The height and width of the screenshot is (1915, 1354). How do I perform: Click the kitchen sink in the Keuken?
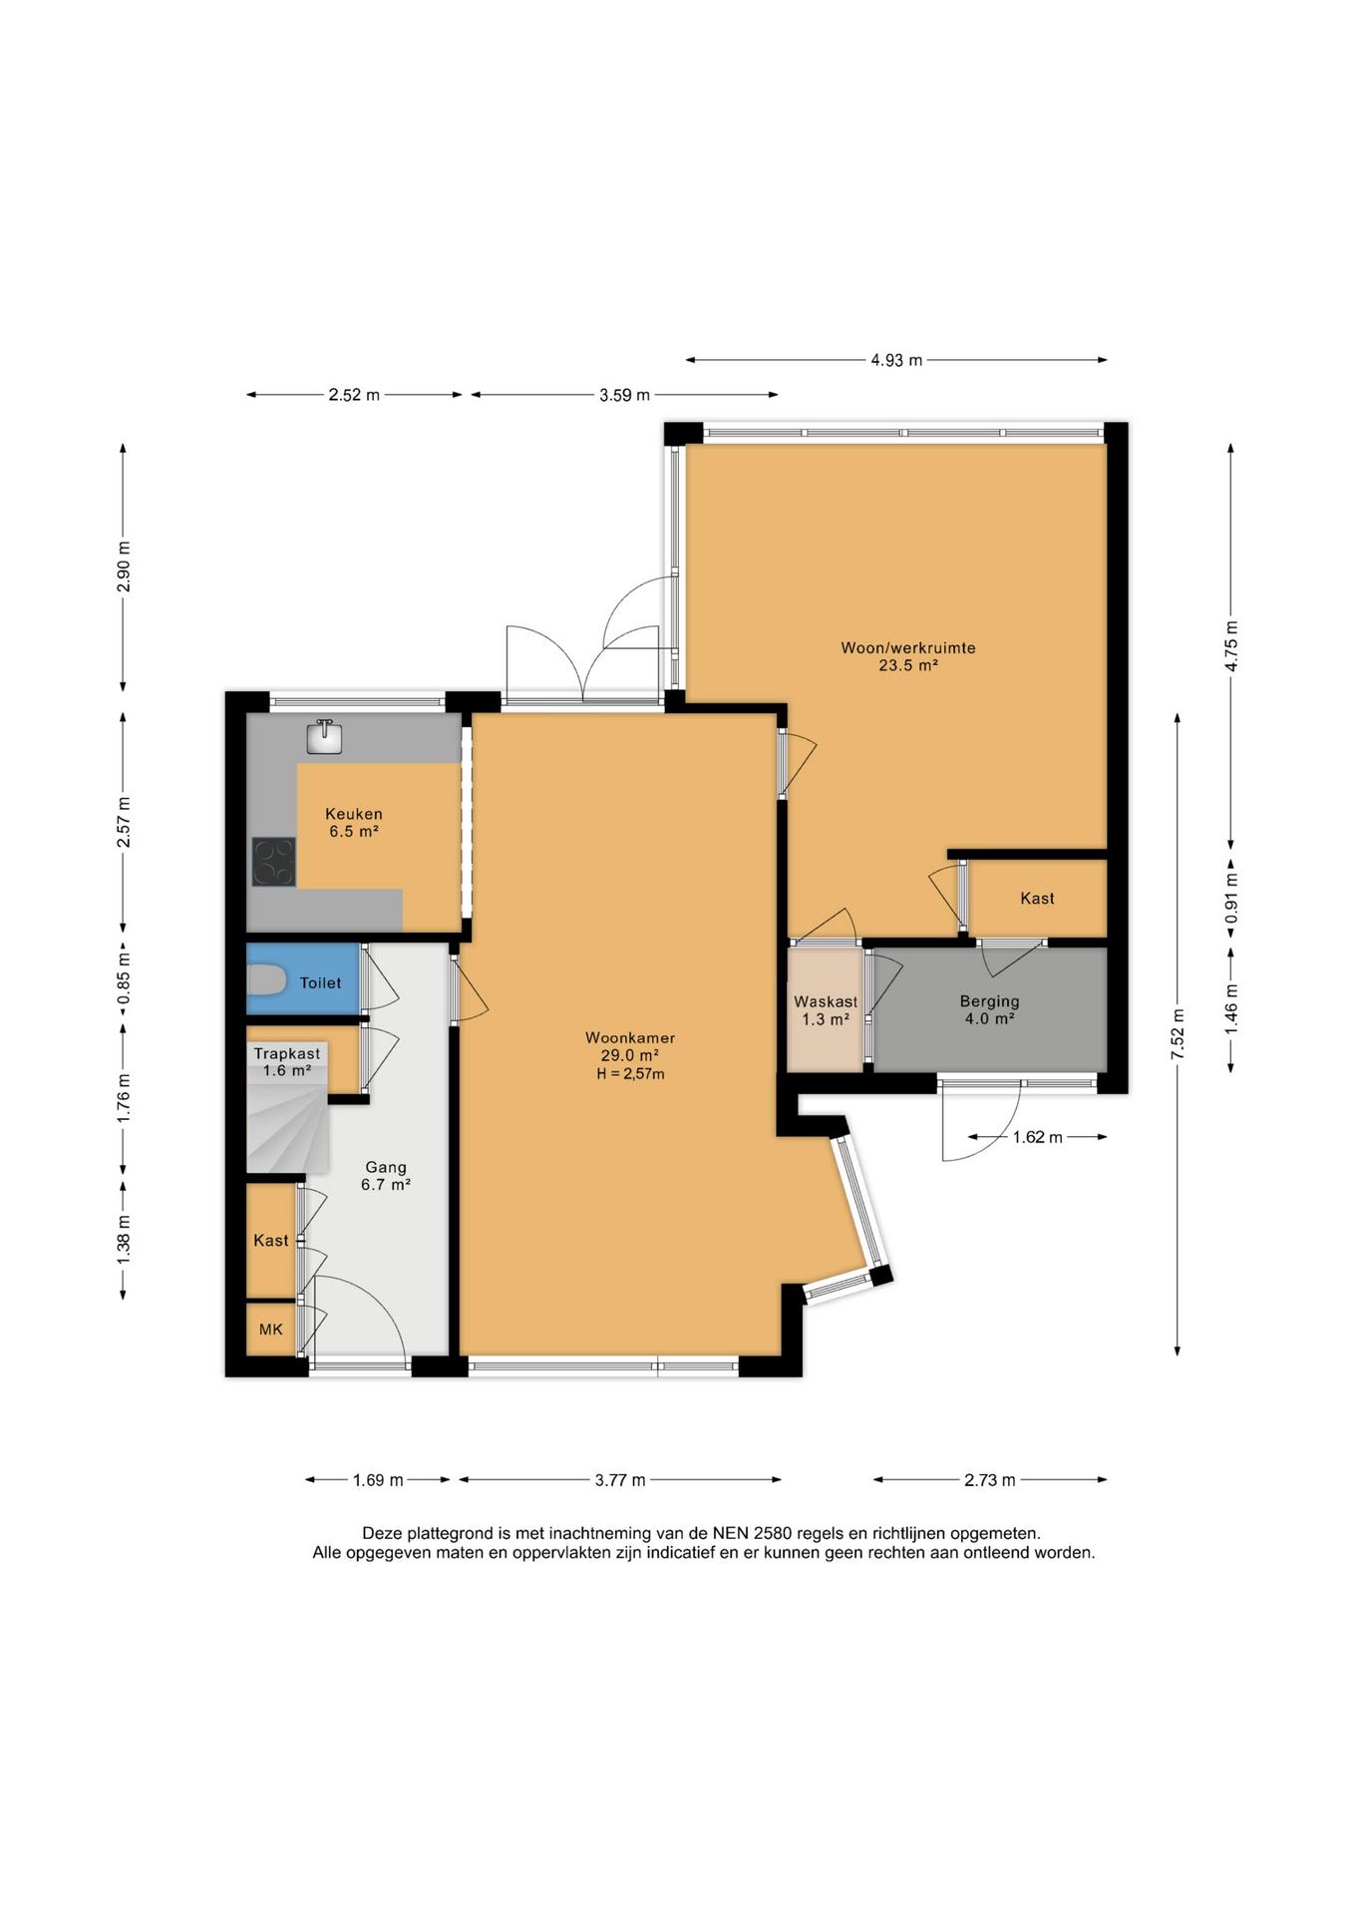click(x=325, y=737)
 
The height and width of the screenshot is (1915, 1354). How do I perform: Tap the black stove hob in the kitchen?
click(x=274, y=862)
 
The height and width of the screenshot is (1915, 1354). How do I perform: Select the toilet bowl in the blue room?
click(x=265, y=981)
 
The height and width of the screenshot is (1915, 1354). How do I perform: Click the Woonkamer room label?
click(x=630, y=1037)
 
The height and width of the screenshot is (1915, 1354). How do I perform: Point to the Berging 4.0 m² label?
click(x=989, y=1009)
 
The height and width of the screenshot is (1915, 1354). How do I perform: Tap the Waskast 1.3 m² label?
click(x=826, y=1010)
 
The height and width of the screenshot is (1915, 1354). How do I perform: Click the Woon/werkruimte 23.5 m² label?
click(x=908, y=656)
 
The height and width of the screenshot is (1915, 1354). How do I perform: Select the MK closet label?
click(x=271, y=1329)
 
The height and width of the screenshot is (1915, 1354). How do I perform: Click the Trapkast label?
click(x=287, y=1053)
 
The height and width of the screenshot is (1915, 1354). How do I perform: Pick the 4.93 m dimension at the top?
click(x=896, y=360)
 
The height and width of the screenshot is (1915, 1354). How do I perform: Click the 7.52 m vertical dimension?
click(x=1178, y=1034)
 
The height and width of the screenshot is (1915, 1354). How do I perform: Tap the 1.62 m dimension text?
click(x=1037, y=1137)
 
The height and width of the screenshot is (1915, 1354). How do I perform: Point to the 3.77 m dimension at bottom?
click(x=620, y=1480)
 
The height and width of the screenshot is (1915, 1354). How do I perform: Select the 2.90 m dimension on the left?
click(x=124, y=567)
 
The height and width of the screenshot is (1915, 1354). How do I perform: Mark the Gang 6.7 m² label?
click(x=386, y=1176)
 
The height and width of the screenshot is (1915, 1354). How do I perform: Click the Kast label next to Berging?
click(x=1037, y=898)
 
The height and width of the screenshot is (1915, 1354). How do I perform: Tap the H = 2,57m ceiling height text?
click(x=630, y=1073)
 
